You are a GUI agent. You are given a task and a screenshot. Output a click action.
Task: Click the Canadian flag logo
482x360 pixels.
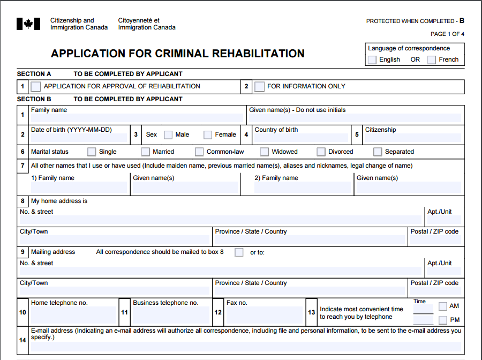(x=28, y=24)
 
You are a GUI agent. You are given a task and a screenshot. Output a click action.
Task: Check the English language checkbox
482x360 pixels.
(x=372, y=60)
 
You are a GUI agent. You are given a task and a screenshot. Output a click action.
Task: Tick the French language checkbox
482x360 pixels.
(x=432, y=60)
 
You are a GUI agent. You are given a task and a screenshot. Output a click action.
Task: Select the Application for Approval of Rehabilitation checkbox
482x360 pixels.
(x=36, y=86)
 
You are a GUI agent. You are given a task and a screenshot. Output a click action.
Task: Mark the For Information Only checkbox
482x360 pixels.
(x=260, y=86)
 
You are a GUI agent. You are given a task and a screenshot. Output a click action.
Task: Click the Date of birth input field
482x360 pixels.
(x=79, y=138)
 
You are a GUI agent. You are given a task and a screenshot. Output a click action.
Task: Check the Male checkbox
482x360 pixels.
(x=168, y=135)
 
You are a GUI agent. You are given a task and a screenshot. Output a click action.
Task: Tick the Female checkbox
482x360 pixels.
(x=208, y=135)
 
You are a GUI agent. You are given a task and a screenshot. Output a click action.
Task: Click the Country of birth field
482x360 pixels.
(x=301, y=138)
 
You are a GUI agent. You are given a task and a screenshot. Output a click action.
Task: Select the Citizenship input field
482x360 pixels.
(x=412, y=138)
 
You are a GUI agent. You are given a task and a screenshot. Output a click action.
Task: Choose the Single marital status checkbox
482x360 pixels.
(x=92, y=152)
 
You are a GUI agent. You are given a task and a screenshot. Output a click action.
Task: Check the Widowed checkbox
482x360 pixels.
(x=265, y=152)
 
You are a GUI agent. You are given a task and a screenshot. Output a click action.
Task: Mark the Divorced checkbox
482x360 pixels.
(x=321, y=152)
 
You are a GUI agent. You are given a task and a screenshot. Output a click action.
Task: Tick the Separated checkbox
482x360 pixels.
(x=378, y=152)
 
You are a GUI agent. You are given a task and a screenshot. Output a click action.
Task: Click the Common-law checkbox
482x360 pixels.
(x=199, y=152)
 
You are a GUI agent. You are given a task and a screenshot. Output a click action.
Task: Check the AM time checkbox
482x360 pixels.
(x=443, y=306)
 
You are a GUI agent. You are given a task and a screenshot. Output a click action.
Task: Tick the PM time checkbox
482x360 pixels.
(x=443, y=320)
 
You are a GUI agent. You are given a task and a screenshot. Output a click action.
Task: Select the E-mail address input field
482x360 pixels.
(x=245, y=347)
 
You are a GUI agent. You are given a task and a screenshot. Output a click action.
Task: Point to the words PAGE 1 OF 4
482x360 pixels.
(x=447, y=34)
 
